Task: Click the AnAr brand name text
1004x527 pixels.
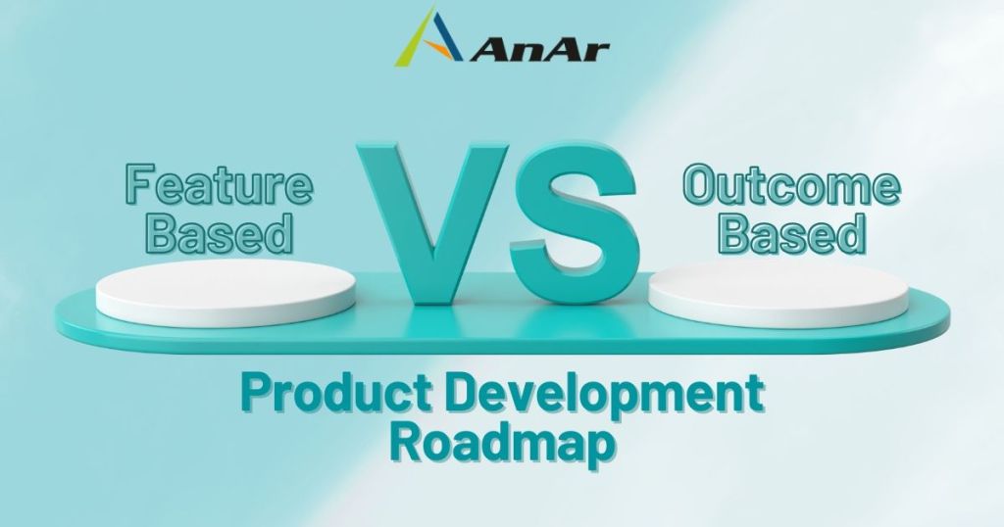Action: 540,49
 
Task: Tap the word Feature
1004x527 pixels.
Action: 219,184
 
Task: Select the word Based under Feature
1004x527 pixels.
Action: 220,233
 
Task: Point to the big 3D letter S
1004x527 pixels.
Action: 575,222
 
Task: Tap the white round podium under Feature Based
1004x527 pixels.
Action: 226,292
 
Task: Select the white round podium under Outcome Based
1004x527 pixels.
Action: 778,294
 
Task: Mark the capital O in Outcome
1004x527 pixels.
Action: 700,185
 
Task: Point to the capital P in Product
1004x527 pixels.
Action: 256,392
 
